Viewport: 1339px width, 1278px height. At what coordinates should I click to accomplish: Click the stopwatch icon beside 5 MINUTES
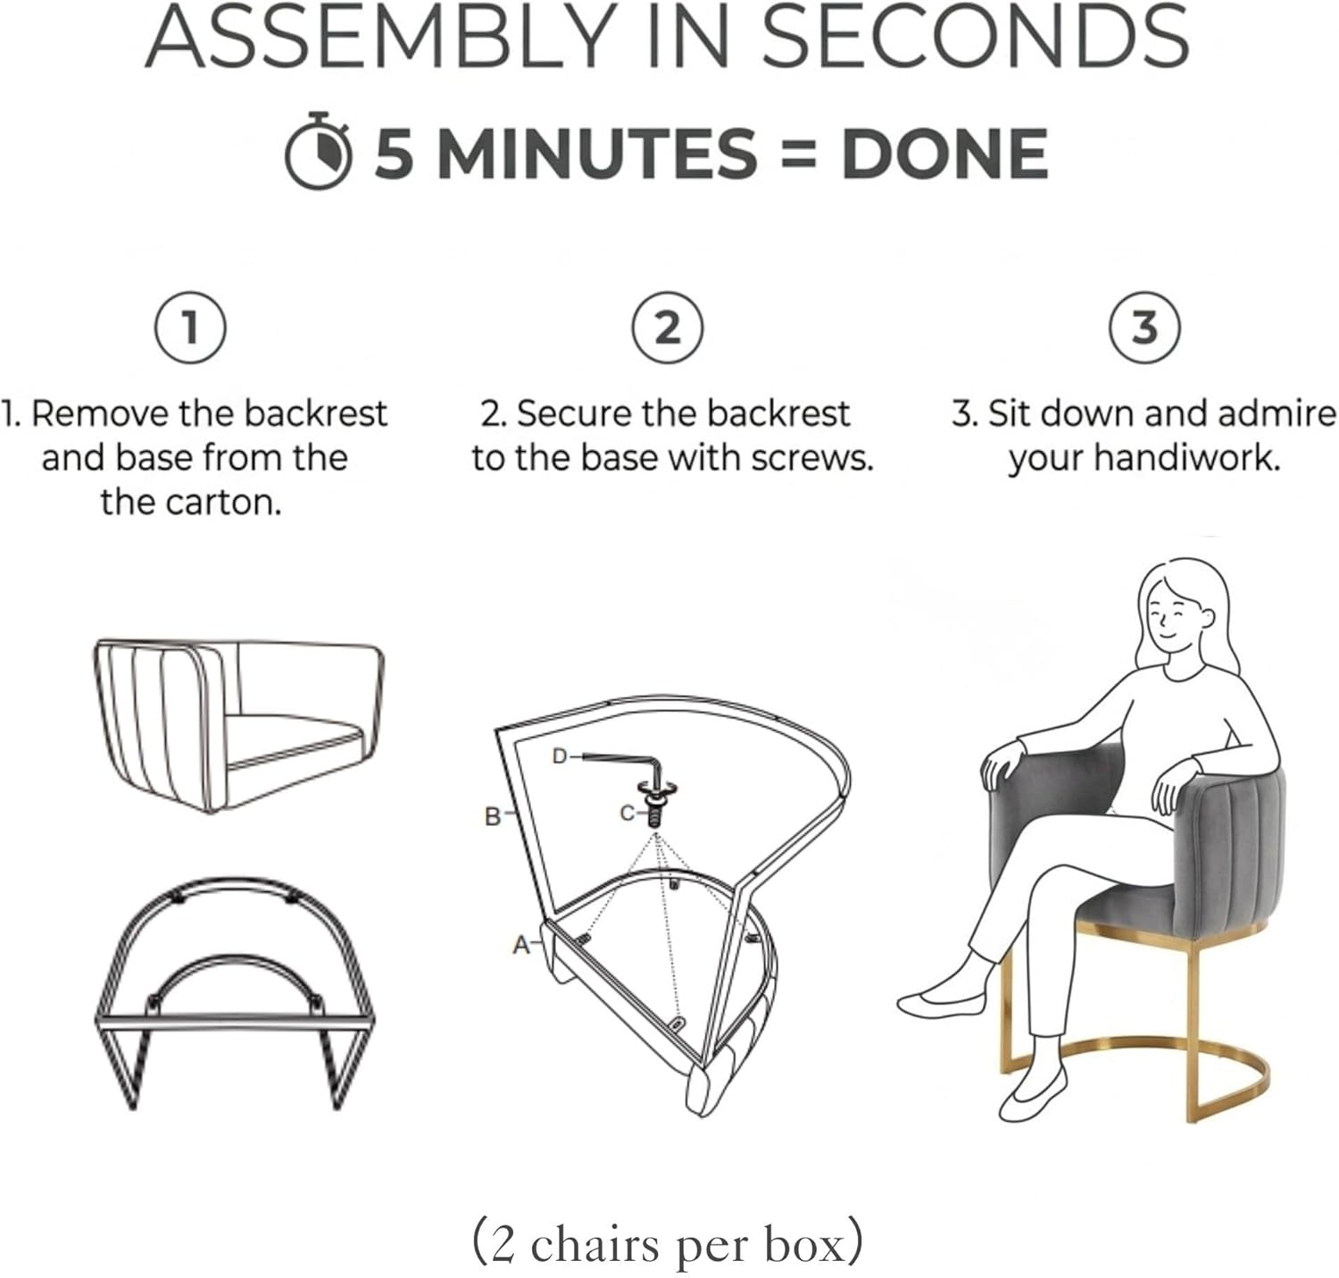click(x=318, y=151)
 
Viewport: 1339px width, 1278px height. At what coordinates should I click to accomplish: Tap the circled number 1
click(x=191, y=327)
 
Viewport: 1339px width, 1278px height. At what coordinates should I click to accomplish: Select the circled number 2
click(x=668, y=327)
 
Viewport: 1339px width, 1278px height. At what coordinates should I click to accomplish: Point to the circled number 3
click(x=1145, y=327)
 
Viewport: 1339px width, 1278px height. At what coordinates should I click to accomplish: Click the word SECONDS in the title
click(x=975, y=38)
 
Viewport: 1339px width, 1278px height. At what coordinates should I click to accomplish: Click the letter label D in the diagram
click(x=560, y=756)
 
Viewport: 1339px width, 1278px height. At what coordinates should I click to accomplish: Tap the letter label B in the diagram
click(x=493, y=816)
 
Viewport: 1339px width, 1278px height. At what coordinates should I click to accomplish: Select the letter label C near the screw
click(x=628, y=813)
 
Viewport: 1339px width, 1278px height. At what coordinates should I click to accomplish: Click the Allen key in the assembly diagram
click(x=623, y=767)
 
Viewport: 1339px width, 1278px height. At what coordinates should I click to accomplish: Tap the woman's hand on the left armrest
click(x=1003, y=762)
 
